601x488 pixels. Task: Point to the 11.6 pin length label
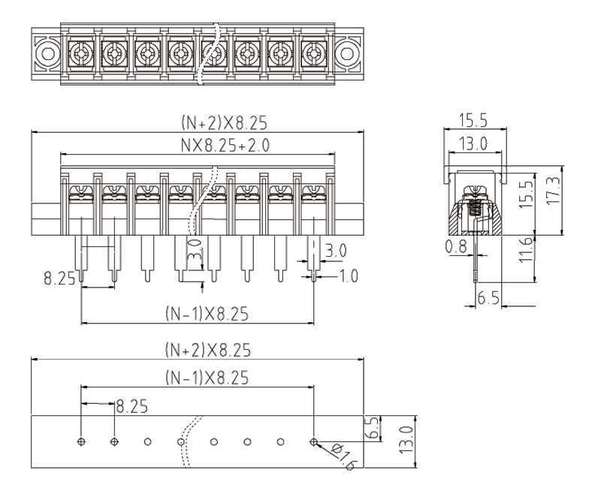click(527, 248)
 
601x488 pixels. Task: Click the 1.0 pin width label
click(348, 276)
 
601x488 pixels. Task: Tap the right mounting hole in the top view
click(348, 53)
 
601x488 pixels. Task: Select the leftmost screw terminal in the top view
click(80, 53)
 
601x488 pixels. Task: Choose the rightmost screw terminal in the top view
click(313, 53)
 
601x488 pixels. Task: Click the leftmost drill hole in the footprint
click(81, 441)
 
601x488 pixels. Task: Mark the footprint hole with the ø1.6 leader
click(313, 441)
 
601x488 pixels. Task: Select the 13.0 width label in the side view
click(475, 143)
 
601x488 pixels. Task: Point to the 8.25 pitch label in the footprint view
click(132, 406)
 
